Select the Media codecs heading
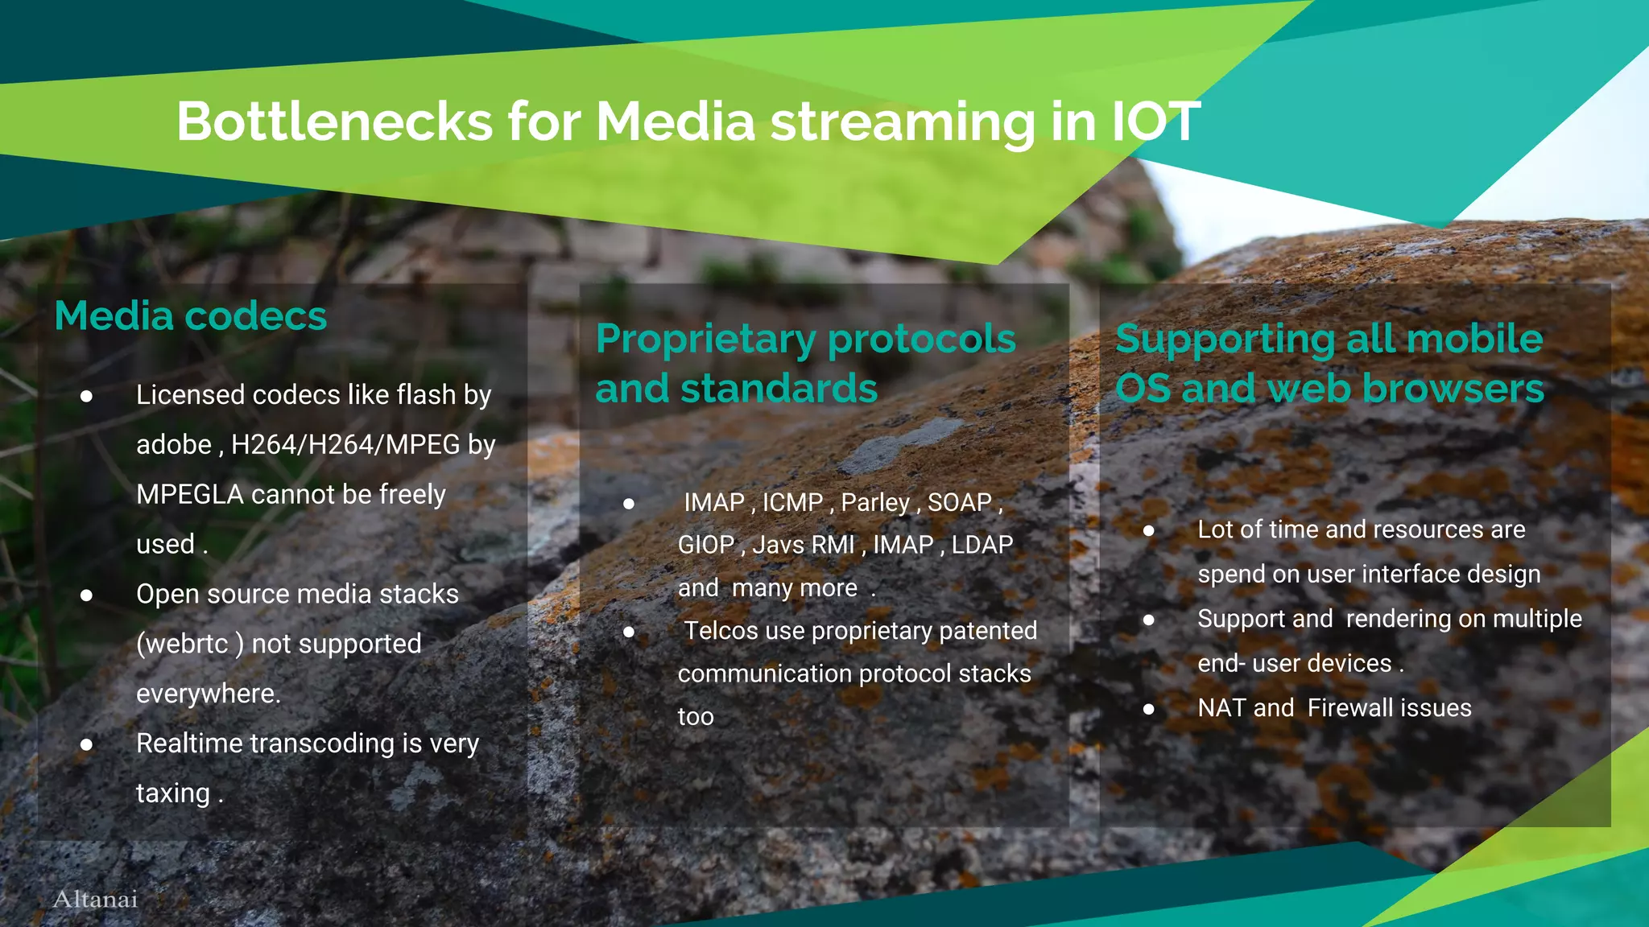[191, 315]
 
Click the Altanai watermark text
[95, 899]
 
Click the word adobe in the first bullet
[174, 445]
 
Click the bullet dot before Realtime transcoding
[86, 744]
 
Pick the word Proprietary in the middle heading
[705, 339]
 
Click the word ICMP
[792, 503]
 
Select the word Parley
[875, 503]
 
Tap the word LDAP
[982, 545]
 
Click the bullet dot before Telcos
[629, 632]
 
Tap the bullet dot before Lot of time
[1149, 531]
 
